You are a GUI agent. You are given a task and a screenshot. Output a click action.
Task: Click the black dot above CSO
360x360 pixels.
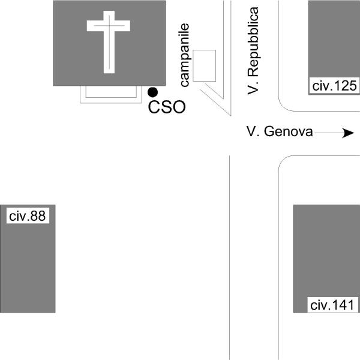click(x=152, y=92)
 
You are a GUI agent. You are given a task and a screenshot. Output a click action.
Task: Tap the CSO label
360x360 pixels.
click(x=167, y=107)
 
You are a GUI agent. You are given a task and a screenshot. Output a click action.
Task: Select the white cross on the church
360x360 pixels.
click(x=109, y=42)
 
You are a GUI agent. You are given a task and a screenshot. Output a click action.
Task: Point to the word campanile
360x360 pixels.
click(x=185, y=55)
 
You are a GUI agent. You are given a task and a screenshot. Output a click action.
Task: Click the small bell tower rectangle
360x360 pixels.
click(x=205, y=65)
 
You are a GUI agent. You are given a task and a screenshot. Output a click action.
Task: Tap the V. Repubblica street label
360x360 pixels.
click(x=253, y=51)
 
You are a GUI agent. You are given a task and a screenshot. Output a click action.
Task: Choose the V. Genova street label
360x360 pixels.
click(x=280, y=131)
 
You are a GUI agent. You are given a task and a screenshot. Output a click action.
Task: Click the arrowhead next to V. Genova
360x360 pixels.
click(x=348, y=133)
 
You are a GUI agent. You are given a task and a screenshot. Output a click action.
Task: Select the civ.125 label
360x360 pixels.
click(x=334, y=86)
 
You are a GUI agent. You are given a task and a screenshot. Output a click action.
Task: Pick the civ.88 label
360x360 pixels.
click(x=28, y=216)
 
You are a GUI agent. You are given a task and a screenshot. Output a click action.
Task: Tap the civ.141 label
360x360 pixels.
click(x=332, y=305)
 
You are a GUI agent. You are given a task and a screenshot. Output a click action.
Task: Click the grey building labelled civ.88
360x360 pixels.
click(x=28, y=259)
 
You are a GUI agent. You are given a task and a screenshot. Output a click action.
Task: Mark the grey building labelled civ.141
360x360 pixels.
click(x=326, y=259)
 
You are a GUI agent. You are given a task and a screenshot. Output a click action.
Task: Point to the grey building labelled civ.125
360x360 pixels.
click(x=334, y=47)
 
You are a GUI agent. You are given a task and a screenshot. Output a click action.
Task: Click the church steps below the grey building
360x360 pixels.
click(x=111, y=95)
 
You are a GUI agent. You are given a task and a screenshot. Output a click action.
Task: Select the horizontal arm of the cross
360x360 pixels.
click(x=109, y=26)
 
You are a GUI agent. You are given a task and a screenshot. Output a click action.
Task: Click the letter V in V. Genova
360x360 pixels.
click(x=251, y=131)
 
